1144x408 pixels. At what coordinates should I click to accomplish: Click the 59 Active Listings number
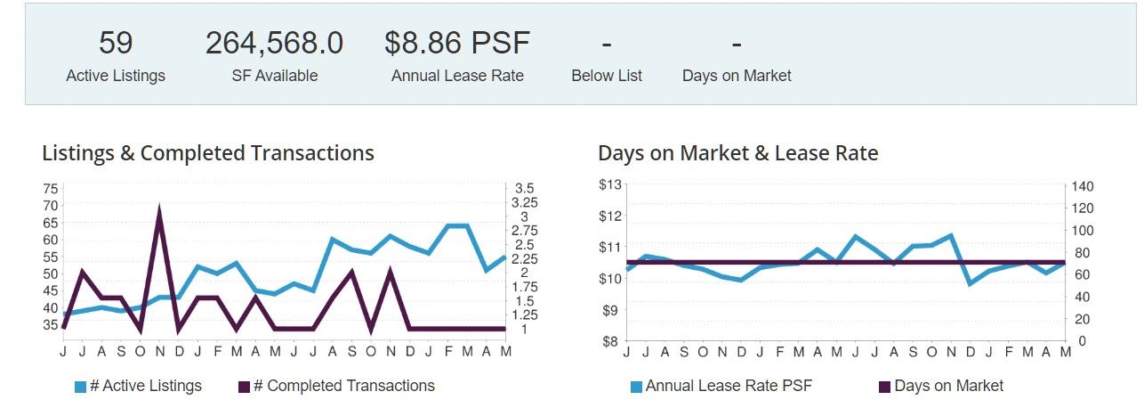[115, 43]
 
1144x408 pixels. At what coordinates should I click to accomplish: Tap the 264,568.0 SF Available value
[274, 43]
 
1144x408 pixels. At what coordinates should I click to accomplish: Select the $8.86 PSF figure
[457, 43]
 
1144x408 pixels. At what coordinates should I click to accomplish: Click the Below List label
[607, 76]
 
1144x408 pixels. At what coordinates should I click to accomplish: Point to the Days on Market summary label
[737, 76]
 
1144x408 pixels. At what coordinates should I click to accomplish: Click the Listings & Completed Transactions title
[208, 153]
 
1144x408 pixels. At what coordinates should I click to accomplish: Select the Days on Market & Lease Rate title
[737, 153]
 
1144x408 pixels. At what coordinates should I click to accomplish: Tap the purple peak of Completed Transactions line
[159, 211]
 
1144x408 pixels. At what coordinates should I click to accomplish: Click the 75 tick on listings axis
[50, 189]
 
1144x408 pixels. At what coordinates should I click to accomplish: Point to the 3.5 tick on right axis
[524, 189]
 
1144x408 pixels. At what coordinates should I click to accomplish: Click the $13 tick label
[609, 185]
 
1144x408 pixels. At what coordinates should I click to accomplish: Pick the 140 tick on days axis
[1082, 186]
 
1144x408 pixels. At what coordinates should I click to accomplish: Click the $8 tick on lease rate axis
[609, 341]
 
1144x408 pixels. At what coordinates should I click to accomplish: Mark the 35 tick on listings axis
[50, 325]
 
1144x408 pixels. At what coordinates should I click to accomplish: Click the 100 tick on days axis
[1082, 230]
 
